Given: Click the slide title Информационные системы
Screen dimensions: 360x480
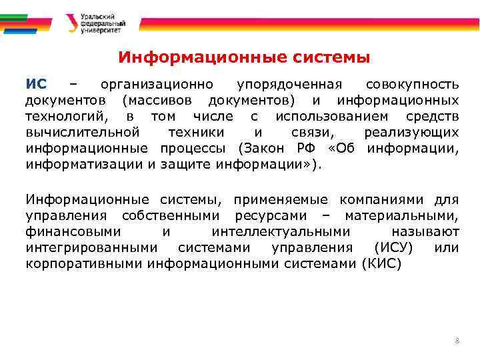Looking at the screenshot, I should tap(243, 57).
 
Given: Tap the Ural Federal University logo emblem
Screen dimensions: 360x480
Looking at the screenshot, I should tap(70, 23).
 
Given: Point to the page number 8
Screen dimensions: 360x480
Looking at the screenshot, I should tap(457, 341).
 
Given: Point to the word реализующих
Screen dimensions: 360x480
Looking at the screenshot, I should tap(411, 132).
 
